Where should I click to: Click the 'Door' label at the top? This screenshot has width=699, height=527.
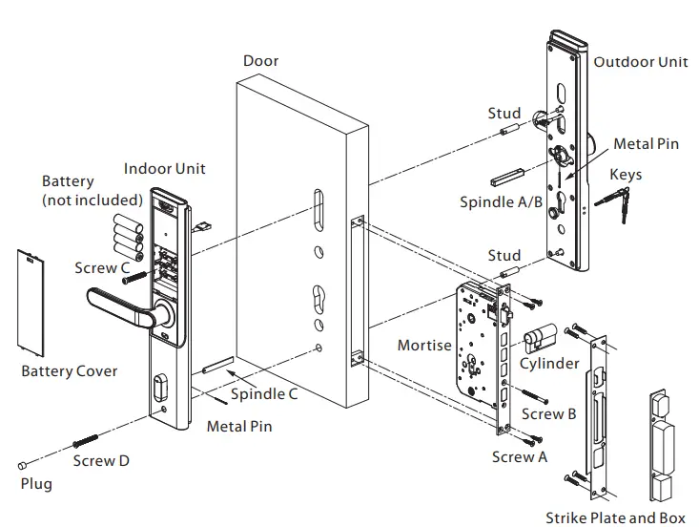(x=260, y=61)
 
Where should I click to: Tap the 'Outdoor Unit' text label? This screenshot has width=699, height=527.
(x=641, y=61)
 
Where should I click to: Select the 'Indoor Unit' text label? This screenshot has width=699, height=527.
(x=164, y=169)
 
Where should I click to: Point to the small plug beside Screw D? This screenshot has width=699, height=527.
(x=21, y=464)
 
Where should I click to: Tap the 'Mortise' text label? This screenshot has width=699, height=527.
(x=424, y=345)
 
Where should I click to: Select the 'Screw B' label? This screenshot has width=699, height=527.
(x=549, y=413)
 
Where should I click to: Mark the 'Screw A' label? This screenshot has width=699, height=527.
(x=520, y=456)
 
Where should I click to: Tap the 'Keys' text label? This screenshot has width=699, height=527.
(x=626, y=175)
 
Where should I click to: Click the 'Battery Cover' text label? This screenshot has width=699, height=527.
(x=70, y=370)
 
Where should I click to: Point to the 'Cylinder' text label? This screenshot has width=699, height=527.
(x=549, y=363)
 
